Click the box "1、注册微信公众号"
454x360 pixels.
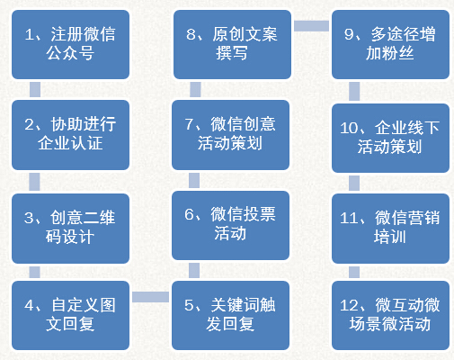(x=70, y=44)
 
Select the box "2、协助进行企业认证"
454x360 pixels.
(x=70, y=135)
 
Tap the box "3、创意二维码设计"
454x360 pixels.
(x=70, y=229)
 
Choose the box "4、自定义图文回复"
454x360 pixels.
(x=70, y=315)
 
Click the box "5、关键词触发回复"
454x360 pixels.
(x=230, y=315)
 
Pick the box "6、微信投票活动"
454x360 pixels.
(x=230, y=225)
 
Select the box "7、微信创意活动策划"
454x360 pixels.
(x=230, y=135)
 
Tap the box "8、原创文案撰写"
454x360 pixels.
(x=232, y=44)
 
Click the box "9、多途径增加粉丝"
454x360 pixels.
(x=390, y=44)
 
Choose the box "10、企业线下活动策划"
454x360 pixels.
(x=390, y=138)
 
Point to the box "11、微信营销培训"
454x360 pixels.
(x=390, y=229)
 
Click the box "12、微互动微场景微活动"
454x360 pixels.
(x=390, y=315)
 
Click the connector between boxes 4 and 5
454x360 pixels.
(x=150, y=297)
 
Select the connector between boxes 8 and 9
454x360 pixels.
(x=311, y=26)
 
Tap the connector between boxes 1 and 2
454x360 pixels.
(x=35, y=89)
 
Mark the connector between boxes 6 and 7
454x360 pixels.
(x=194, y=180)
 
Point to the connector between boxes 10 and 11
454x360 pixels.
(x=354, y=183)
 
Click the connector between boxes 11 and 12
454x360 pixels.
(x=354, y=272)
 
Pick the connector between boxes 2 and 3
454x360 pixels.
(x=34, y=182)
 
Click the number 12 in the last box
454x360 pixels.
(x=349, y=305)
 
